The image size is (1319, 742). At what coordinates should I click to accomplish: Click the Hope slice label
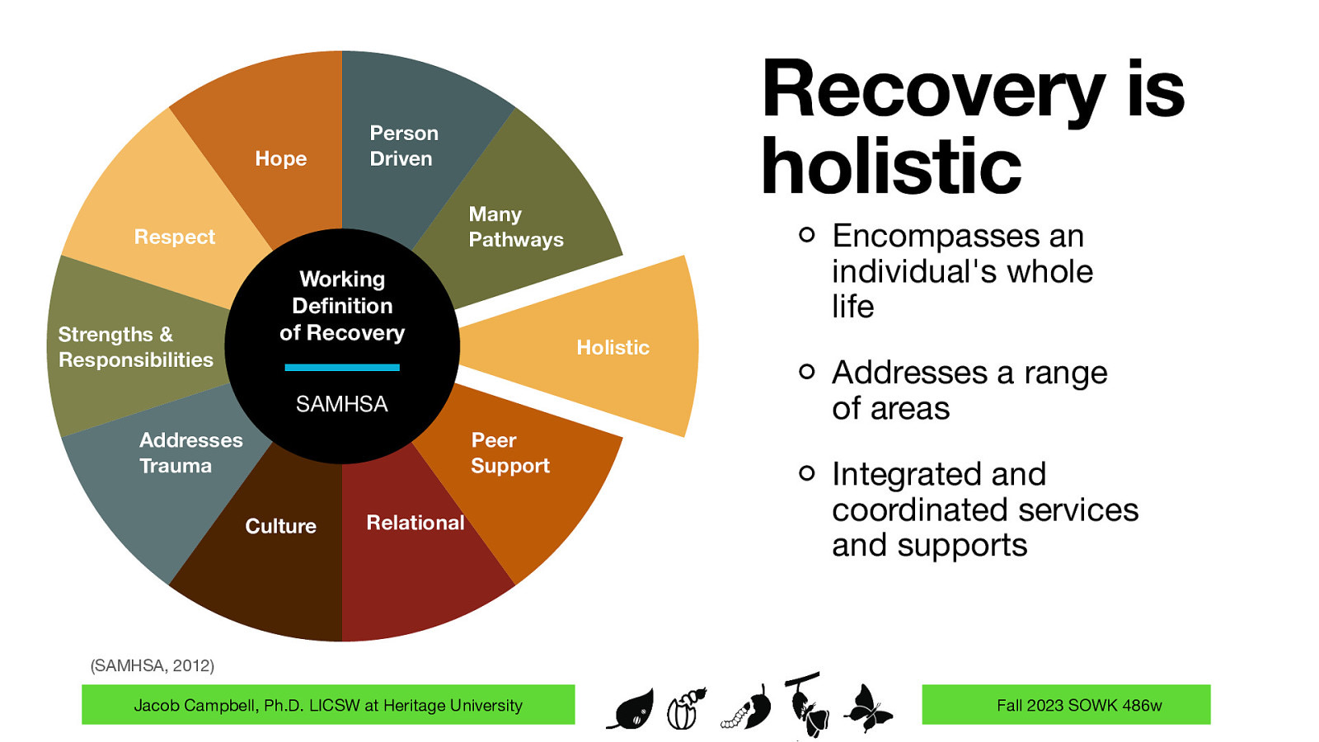(x=280, y=158)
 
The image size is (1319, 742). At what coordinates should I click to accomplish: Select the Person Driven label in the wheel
(x=403, y=146)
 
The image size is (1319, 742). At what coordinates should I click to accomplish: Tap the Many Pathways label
(x=515, y=227)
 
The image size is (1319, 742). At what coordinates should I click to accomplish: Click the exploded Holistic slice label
(x=613, y=347)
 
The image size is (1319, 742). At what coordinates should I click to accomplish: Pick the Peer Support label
(x=509, y=453)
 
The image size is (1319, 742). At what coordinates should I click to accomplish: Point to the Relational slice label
(x=415, y=523)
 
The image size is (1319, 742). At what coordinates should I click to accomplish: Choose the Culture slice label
(x=280, y=526)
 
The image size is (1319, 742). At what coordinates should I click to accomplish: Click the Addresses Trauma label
(x=190, y=453)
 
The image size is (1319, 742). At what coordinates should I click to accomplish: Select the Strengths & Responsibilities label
(x=135, y=347)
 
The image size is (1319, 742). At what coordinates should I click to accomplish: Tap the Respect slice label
(x=174, y=237)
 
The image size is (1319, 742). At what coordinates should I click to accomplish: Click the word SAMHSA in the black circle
(x=341, y=404)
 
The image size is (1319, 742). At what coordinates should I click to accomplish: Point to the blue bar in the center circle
(x=341, y=367)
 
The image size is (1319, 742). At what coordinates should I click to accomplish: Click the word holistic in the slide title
(x=890, y=167)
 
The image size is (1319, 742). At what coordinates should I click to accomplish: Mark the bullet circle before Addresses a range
(x=806, y=372)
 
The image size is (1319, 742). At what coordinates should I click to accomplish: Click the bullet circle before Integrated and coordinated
(x=806, y=473)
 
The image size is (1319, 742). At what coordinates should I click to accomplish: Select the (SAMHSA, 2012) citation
(x=152, y=665)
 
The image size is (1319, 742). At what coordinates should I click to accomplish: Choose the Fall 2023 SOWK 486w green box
(x=1065, y=705)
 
